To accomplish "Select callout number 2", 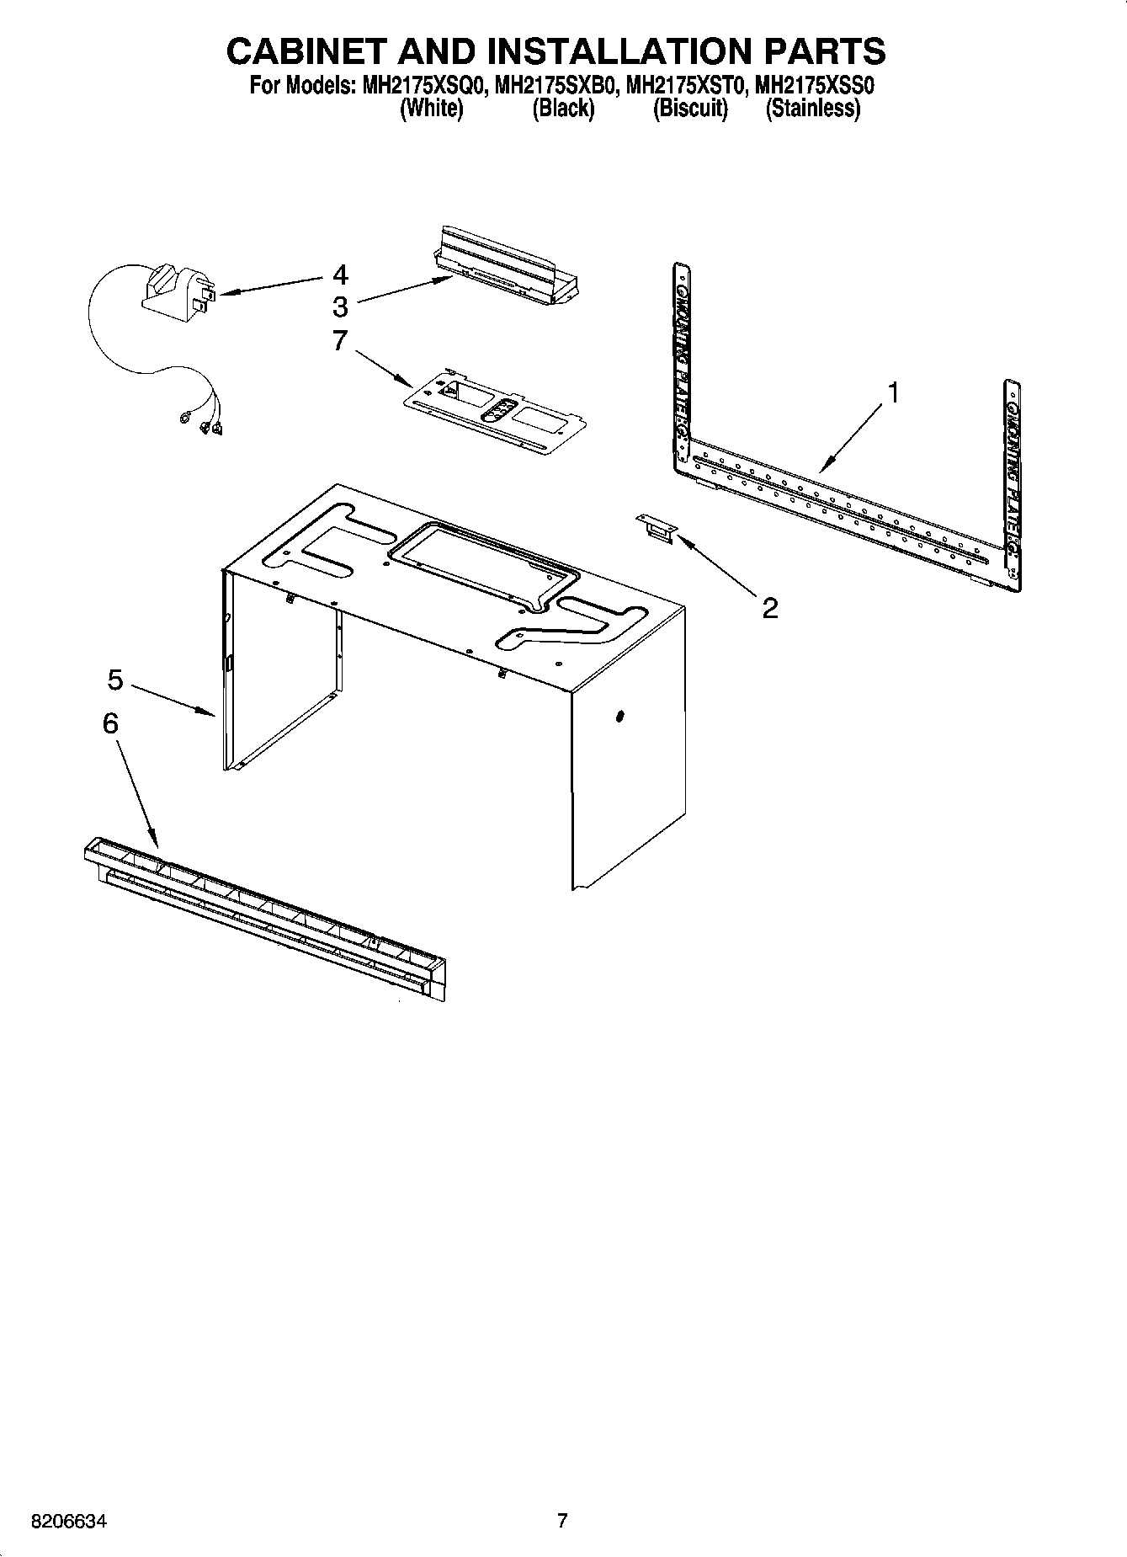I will click(x=769, y=608).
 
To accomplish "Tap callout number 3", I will click(x=340, y=306).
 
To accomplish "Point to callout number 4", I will click(x=340, y=275).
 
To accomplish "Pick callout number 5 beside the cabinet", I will click(x=115, y=680).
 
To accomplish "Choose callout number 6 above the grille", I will click(x=110, y=723).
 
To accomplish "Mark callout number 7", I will click(x=340, y=340).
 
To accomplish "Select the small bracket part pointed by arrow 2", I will click(x=657, y=529).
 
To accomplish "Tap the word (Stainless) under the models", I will click(x=812, y=109).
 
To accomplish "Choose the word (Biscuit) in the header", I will click(x=689, y=109).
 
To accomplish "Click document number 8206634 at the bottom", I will click(x=69, y=1522).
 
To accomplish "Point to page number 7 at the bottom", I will click(x=562, y=1521).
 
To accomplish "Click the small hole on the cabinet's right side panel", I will click(x=619, y=716).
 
